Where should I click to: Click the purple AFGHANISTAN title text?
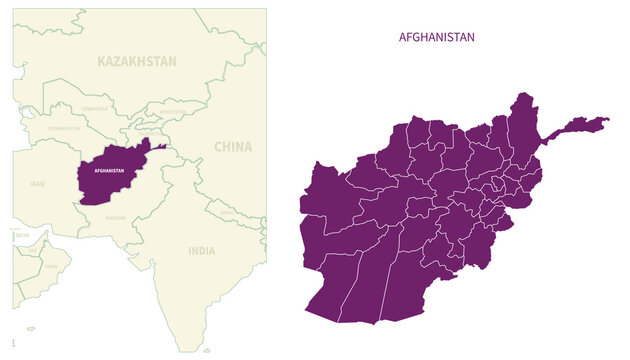click(436, 37)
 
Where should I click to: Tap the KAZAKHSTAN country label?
click(137, 61)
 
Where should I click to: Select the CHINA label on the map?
click(233, 146)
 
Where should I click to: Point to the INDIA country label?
click(201, 251)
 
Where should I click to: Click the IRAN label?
click(37, 184)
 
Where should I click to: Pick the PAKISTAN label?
click(117, 216)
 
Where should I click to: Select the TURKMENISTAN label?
click(64, 129)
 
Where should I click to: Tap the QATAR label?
click(21, 236)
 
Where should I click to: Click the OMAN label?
click(50, 267)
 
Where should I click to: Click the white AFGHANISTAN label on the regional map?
click(108, 171)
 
